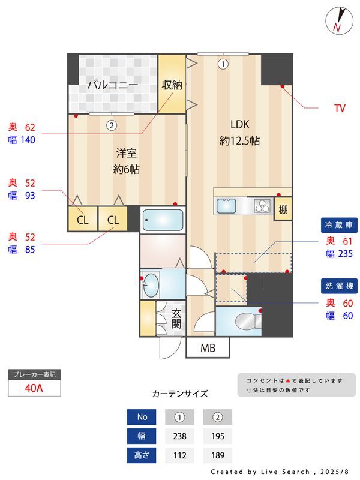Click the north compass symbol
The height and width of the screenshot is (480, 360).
click(x=339, y=20)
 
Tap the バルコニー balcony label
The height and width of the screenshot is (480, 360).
click(x=113, y=85)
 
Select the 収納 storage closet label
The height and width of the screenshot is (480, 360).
click(x=172, y=85)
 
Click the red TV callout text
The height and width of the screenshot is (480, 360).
click(x=340, y=109)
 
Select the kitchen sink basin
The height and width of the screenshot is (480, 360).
click(x=226, y=206)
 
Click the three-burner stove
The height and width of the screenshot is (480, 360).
click(x=263, y=206)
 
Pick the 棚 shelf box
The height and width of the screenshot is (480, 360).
click(x=283, y=209)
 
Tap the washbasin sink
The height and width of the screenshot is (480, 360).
click(x=151, y=285)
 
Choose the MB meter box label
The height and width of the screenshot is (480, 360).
click(x=208, y=348)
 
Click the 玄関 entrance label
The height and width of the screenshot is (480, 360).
click(x=176, y=319)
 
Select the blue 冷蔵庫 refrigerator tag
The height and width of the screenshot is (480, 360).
click(x=339, y=225)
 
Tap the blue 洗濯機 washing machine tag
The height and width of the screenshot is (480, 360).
click(x=339, y=286)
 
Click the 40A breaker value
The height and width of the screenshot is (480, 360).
click(x=34, y=388)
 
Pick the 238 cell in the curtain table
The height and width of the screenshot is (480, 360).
click(x=179, y=436)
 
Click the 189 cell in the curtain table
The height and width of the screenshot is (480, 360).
click(x=218, y=455)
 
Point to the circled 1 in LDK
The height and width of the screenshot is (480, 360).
click(x=223, y=64)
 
